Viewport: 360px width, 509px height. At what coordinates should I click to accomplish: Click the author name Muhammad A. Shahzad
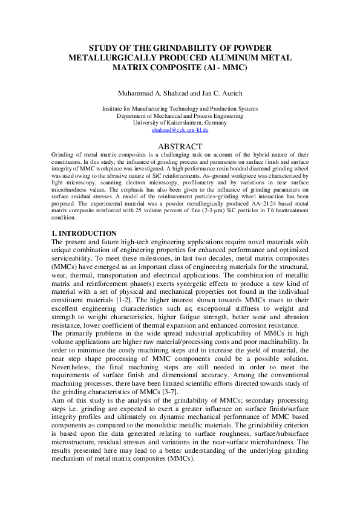[x=149, y=93]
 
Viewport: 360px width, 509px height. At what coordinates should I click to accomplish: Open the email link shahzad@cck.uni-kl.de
[x=180, y=130]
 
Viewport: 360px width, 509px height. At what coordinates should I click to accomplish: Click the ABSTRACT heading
[x=180, y=146]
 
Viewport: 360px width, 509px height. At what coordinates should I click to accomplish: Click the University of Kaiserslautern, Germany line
[x=180, y=123]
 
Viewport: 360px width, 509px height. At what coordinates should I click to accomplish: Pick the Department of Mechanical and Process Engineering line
[x=180, y=115]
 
